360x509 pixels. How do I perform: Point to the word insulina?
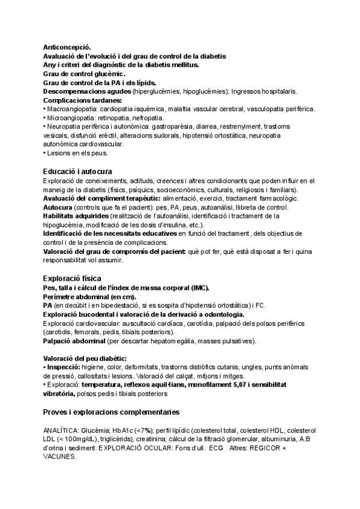180,224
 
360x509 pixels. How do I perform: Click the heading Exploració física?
72,279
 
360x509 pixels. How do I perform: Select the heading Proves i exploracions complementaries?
110,413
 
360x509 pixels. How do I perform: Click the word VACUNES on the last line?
60,457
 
